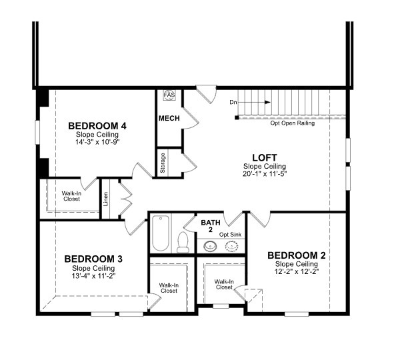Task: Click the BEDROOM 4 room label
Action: [97, 125]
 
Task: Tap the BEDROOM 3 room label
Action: [93, 259]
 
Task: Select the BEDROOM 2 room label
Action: [296, 255]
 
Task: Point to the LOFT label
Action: [265, 157]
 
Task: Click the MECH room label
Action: [169, 118]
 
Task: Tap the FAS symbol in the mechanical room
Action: [169, 95]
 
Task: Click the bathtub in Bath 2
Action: [161, 233]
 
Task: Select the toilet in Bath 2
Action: [183, 242]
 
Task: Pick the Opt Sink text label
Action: [230, 235]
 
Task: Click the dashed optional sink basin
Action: [231, 246]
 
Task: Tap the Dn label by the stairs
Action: [233, 102]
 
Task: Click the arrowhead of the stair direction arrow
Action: [268, 102]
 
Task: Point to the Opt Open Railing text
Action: [293, 123]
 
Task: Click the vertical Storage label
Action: [163, 163]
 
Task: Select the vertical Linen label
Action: [106, 199]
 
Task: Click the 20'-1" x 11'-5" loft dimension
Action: [265, 173]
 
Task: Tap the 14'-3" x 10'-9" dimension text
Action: [97, 142]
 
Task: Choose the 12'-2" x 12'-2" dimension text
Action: [297, 271]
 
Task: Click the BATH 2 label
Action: [211, 226]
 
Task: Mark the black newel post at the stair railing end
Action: [237, 117]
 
